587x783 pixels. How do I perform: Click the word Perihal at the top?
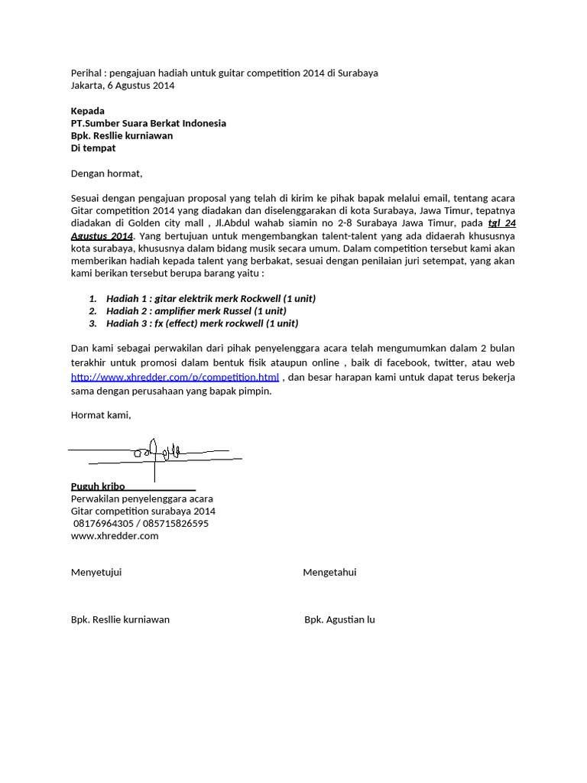[86, 73]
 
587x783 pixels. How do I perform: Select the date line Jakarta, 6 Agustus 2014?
[122, 86]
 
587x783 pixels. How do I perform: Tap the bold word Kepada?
[88, 111]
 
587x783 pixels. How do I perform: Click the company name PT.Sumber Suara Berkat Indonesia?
[148, 123]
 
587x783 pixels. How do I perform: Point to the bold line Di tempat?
[93, 148]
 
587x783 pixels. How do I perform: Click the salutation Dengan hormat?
[107, 174]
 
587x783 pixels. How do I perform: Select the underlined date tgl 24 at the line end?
[501, 223]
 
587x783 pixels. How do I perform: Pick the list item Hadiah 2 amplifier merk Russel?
[196, 310]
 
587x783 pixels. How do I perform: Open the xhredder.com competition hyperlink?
[175, 377]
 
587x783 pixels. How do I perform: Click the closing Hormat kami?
[101, 415]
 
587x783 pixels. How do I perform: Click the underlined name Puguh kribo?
[98, 486]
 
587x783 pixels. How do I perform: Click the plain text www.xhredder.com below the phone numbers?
[115, 536]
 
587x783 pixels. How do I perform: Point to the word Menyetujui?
[96, 573]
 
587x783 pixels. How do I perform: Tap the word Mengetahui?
[329, 573]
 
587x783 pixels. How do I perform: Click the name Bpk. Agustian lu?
[339, 619]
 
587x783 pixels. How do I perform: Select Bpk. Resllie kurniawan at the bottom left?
[120, 619]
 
